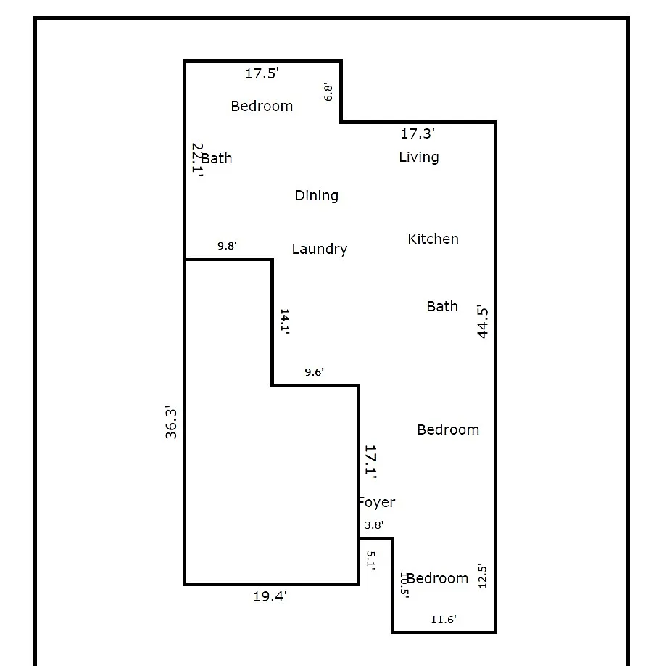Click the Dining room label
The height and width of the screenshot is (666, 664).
coord(317,195)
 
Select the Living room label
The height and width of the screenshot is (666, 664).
coord(419,157)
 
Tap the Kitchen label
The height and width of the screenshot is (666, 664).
coord(433,239)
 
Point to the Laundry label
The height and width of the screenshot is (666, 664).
coord(320,249)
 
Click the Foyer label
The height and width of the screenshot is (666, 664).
coord(377,503)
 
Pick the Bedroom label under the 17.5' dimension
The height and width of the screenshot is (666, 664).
coord(262,106)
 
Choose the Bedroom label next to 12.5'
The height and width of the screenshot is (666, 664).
coord(437,578)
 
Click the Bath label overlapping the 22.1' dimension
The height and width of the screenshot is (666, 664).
coord(217,158)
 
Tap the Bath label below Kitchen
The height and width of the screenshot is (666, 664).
coord(442,306)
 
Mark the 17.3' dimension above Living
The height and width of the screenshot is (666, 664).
coord(418,133)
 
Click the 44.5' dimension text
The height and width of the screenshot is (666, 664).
coord(482,321)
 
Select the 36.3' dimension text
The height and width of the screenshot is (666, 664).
coord(170,422)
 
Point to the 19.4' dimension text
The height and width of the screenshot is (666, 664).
coord(270,597)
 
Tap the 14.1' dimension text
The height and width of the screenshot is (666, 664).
coord(285,322)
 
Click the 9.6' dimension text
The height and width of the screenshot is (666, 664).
coord(315,372)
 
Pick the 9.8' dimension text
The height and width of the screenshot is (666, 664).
coord(227,246)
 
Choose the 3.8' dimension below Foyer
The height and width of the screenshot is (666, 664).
coord(374,525)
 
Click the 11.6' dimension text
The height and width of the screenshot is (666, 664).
coord(444,620)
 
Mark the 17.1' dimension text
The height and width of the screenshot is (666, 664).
coord(371,462)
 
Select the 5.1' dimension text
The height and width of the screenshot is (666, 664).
coord(371,560)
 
